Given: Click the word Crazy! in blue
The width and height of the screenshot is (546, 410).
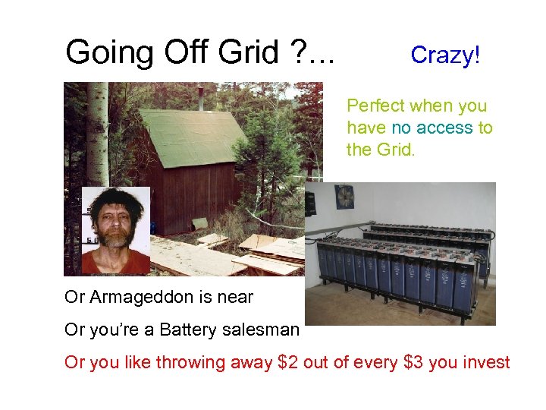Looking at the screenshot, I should point(445,55).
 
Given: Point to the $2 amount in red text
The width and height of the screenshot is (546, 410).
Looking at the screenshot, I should point(287,363).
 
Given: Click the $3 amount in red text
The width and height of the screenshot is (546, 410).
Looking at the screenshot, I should point(413,363).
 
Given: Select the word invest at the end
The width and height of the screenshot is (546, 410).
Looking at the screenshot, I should point(485,363).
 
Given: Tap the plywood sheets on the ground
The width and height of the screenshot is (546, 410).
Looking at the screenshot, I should point(258,251).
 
